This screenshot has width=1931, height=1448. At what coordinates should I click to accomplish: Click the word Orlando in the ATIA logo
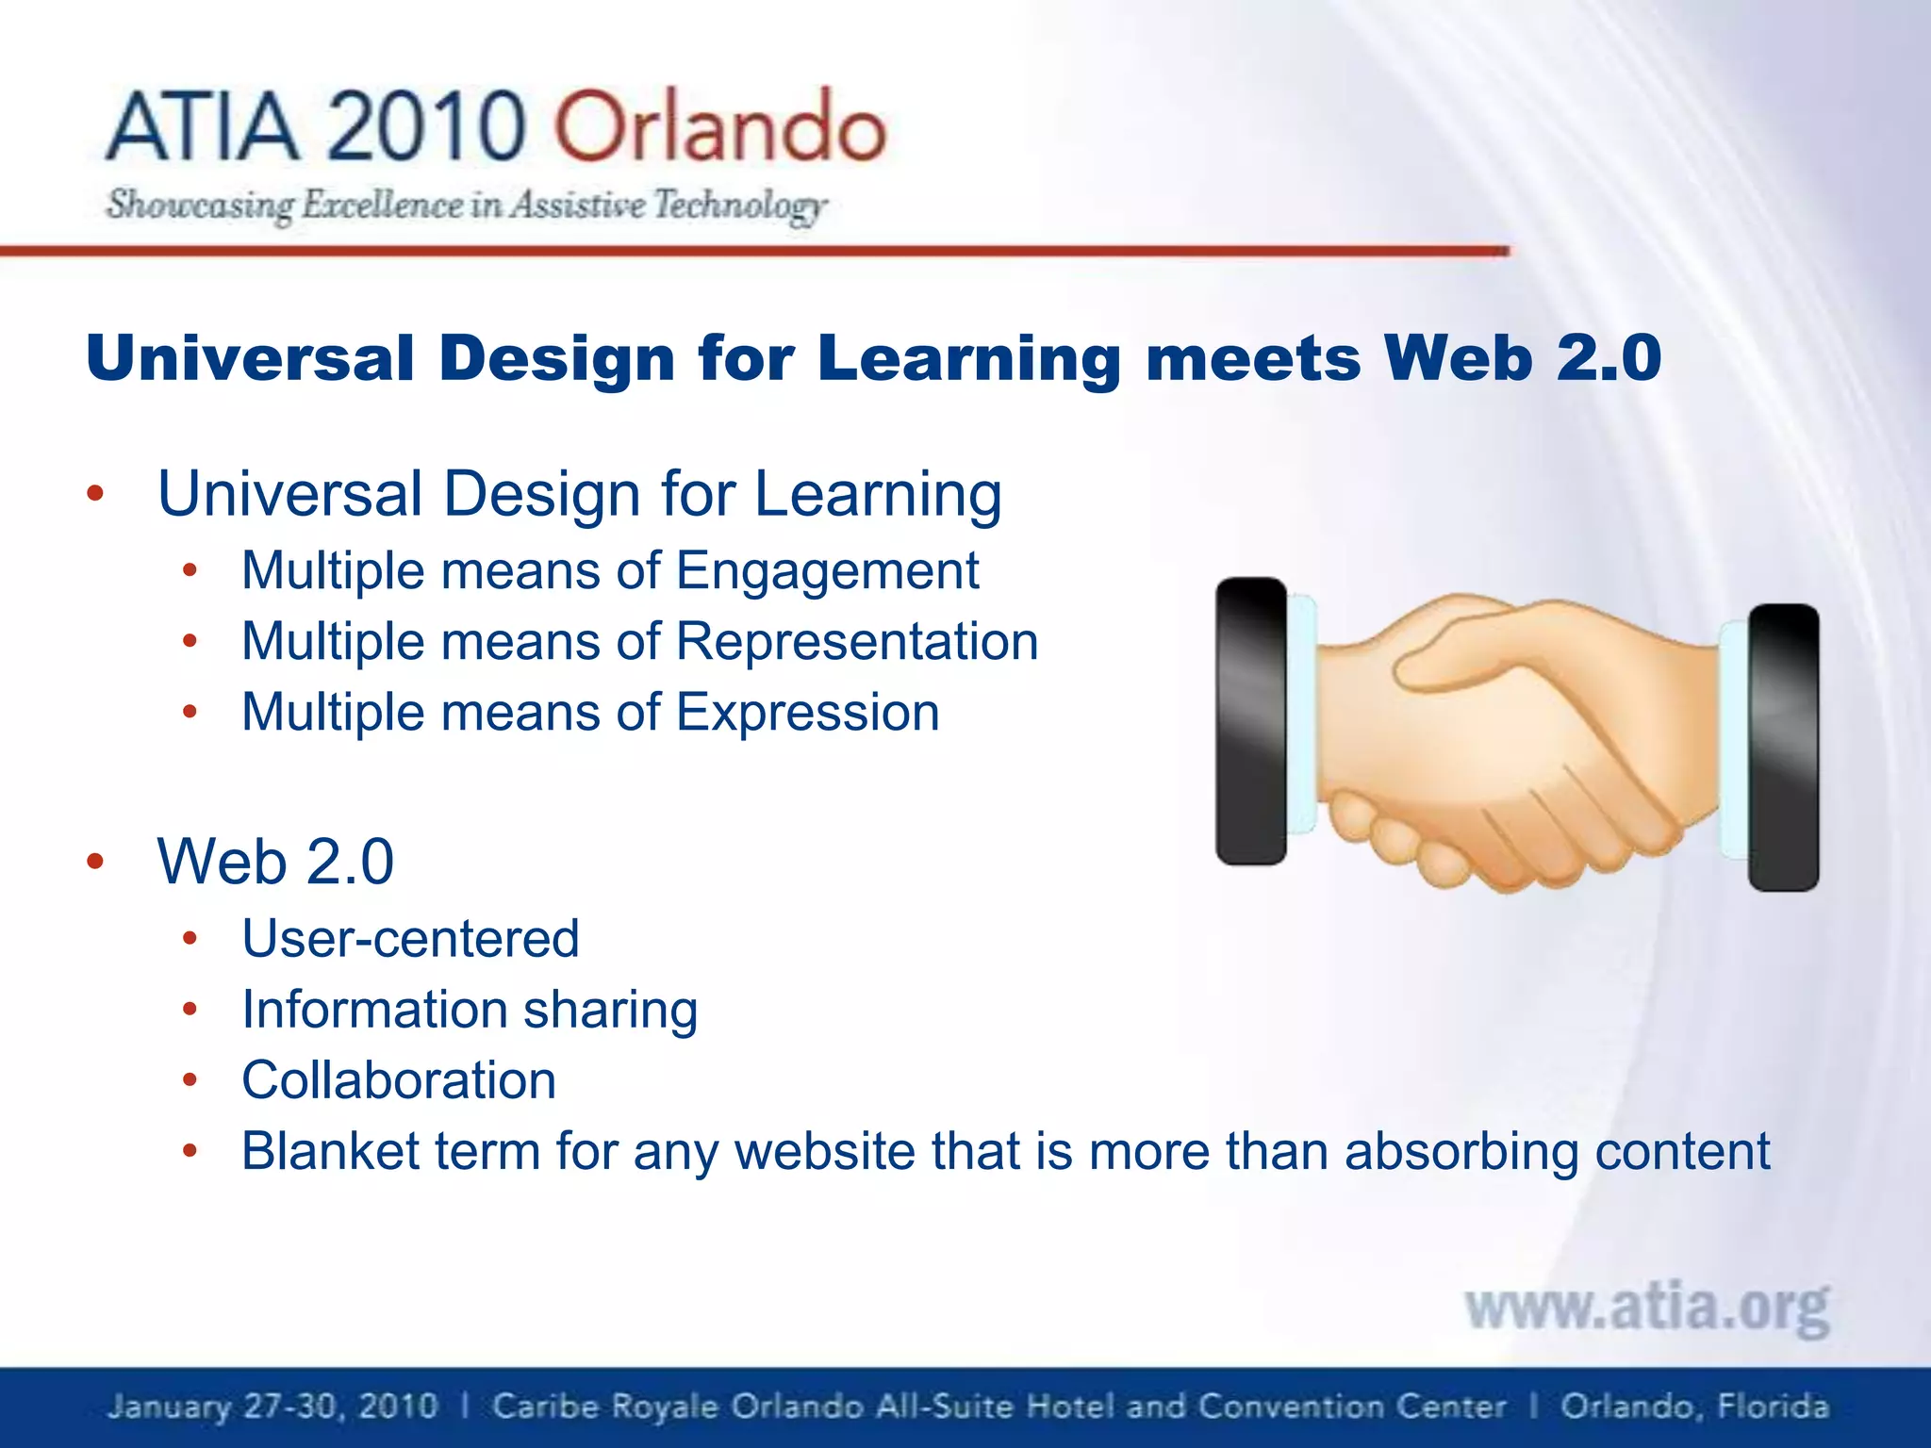(x=719, y=127)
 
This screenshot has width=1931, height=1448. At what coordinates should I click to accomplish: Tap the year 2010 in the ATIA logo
(x=426, y=127)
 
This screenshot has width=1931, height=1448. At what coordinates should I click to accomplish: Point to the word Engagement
(x=827, y=571)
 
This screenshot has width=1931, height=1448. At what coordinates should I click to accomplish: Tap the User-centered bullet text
(x=410, y=939)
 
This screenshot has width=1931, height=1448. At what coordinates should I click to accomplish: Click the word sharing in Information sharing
(x=610, y=1011)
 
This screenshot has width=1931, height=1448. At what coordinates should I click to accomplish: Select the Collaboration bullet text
(x=399, y=1080)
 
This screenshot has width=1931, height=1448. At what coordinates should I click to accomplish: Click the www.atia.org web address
(x=1646, y=1308)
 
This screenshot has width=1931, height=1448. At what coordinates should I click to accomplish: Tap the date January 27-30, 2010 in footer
(x=272, y=1407)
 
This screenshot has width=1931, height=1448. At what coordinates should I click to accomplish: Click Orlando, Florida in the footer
(x=1693, y=1407)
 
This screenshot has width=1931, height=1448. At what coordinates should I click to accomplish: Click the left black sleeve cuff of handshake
(x=1250, y=721)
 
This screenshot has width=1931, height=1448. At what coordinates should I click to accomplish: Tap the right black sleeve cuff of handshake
(x=1783, y=748)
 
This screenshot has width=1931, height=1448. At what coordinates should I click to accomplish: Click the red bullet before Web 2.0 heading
(x=94, y=862)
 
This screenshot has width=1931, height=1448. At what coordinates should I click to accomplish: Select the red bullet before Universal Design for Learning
(x=94, y=494)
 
